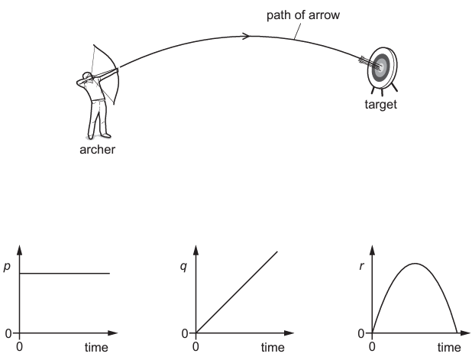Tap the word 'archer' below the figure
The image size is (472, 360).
[98, 149]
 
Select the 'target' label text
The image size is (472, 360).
[380, 105]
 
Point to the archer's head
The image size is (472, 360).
[89, 76]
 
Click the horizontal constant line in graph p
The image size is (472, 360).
[65, 274]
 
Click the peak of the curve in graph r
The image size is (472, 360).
[415, 264]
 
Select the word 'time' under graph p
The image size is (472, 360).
[97, 348]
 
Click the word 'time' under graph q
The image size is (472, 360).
[273, 348]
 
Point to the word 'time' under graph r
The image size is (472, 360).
[449, 348]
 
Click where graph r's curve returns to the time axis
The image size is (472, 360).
[457, 333]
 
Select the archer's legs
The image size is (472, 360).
[96, 118]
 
